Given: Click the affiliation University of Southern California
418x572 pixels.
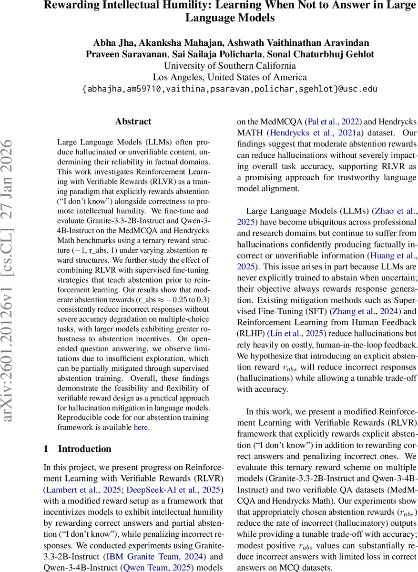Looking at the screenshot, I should (x=230, y=66).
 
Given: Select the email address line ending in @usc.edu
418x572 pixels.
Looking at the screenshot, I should (x=230, y=89).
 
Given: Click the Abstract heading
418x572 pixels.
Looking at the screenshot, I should (x=133, y=122).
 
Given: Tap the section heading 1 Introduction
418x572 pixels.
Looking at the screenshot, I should (x=77, y=449).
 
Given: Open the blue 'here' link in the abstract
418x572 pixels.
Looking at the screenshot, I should (x=141, y=428).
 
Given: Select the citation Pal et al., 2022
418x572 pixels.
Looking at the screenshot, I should (x=325, y=122).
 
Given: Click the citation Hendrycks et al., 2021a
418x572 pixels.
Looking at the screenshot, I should (x=306, y=133).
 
